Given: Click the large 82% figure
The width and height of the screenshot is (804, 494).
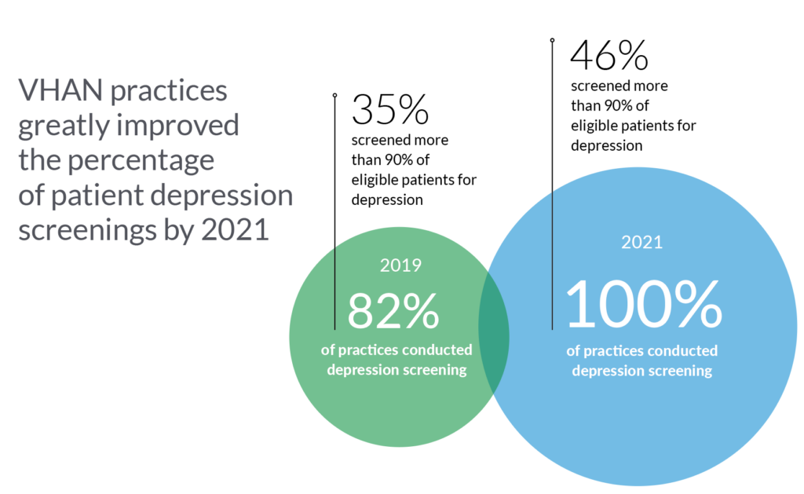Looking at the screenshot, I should tap(393, 312).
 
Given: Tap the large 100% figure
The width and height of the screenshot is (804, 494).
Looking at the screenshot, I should tap(643, 306).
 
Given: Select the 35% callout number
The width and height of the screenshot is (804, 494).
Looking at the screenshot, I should tap(389, 110).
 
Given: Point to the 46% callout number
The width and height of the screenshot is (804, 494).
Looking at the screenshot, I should tap(608, 56).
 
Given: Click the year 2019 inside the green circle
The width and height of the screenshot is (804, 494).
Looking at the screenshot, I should tap(400, 265).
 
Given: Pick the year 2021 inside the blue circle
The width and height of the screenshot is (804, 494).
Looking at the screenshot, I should tap(641, 243).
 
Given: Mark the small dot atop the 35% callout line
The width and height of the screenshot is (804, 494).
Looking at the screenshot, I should tap(334, 95).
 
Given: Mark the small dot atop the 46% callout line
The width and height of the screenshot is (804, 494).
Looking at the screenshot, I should tap(552, 38).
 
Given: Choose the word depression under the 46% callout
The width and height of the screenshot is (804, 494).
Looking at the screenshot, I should tap(607, 145).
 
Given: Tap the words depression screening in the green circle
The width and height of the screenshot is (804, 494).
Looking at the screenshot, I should tap(397, 369).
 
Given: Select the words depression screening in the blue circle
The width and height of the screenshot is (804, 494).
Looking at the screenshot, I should tap(642, 371).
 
